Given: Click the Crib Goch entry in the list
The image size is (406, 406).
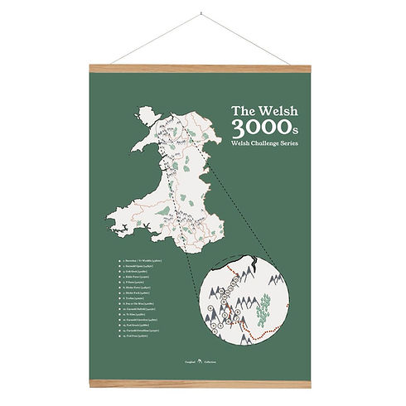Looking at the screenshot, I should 141,273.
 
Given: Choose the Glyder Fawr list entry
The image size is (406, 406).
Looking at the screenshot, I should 143,287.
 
